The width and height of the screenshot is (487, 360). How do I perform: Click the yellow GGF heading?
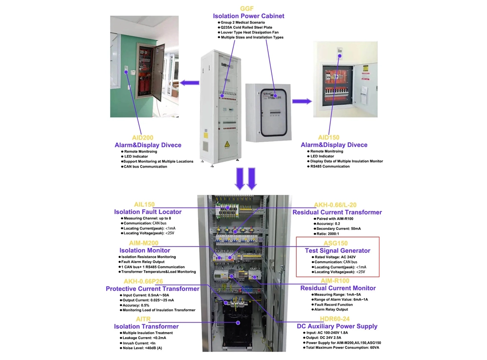click(247, 9)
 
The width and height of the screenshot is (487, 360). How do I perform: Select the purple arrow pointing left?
click(189, 83)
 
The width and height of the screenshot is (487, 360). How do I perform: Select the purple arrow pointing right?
click(302, 101)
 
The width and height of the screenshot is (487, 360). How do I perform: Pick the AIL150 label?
click(144, 205)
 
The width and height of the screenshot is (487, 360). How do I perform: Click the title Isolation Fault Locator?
click(148, 212)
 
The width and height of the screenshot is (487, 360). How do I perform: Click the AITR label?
click(143, 319)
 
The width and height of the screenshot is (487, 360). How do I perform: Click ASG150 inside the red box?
click(336, 243)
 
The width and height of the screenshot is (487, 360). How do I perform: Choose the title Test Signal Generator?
click(337, 250)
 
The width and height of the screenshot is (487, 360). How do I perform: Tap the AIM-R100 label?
click(335, 281)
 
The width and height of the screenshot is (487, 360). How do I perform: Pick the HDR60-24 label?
click(336, 319)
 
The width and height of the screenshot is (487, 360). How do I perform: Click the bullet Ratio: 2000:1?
click(331, 234)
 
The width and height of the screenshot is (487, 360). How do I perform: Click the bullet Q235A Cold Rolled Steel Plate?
click(246, 28)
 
